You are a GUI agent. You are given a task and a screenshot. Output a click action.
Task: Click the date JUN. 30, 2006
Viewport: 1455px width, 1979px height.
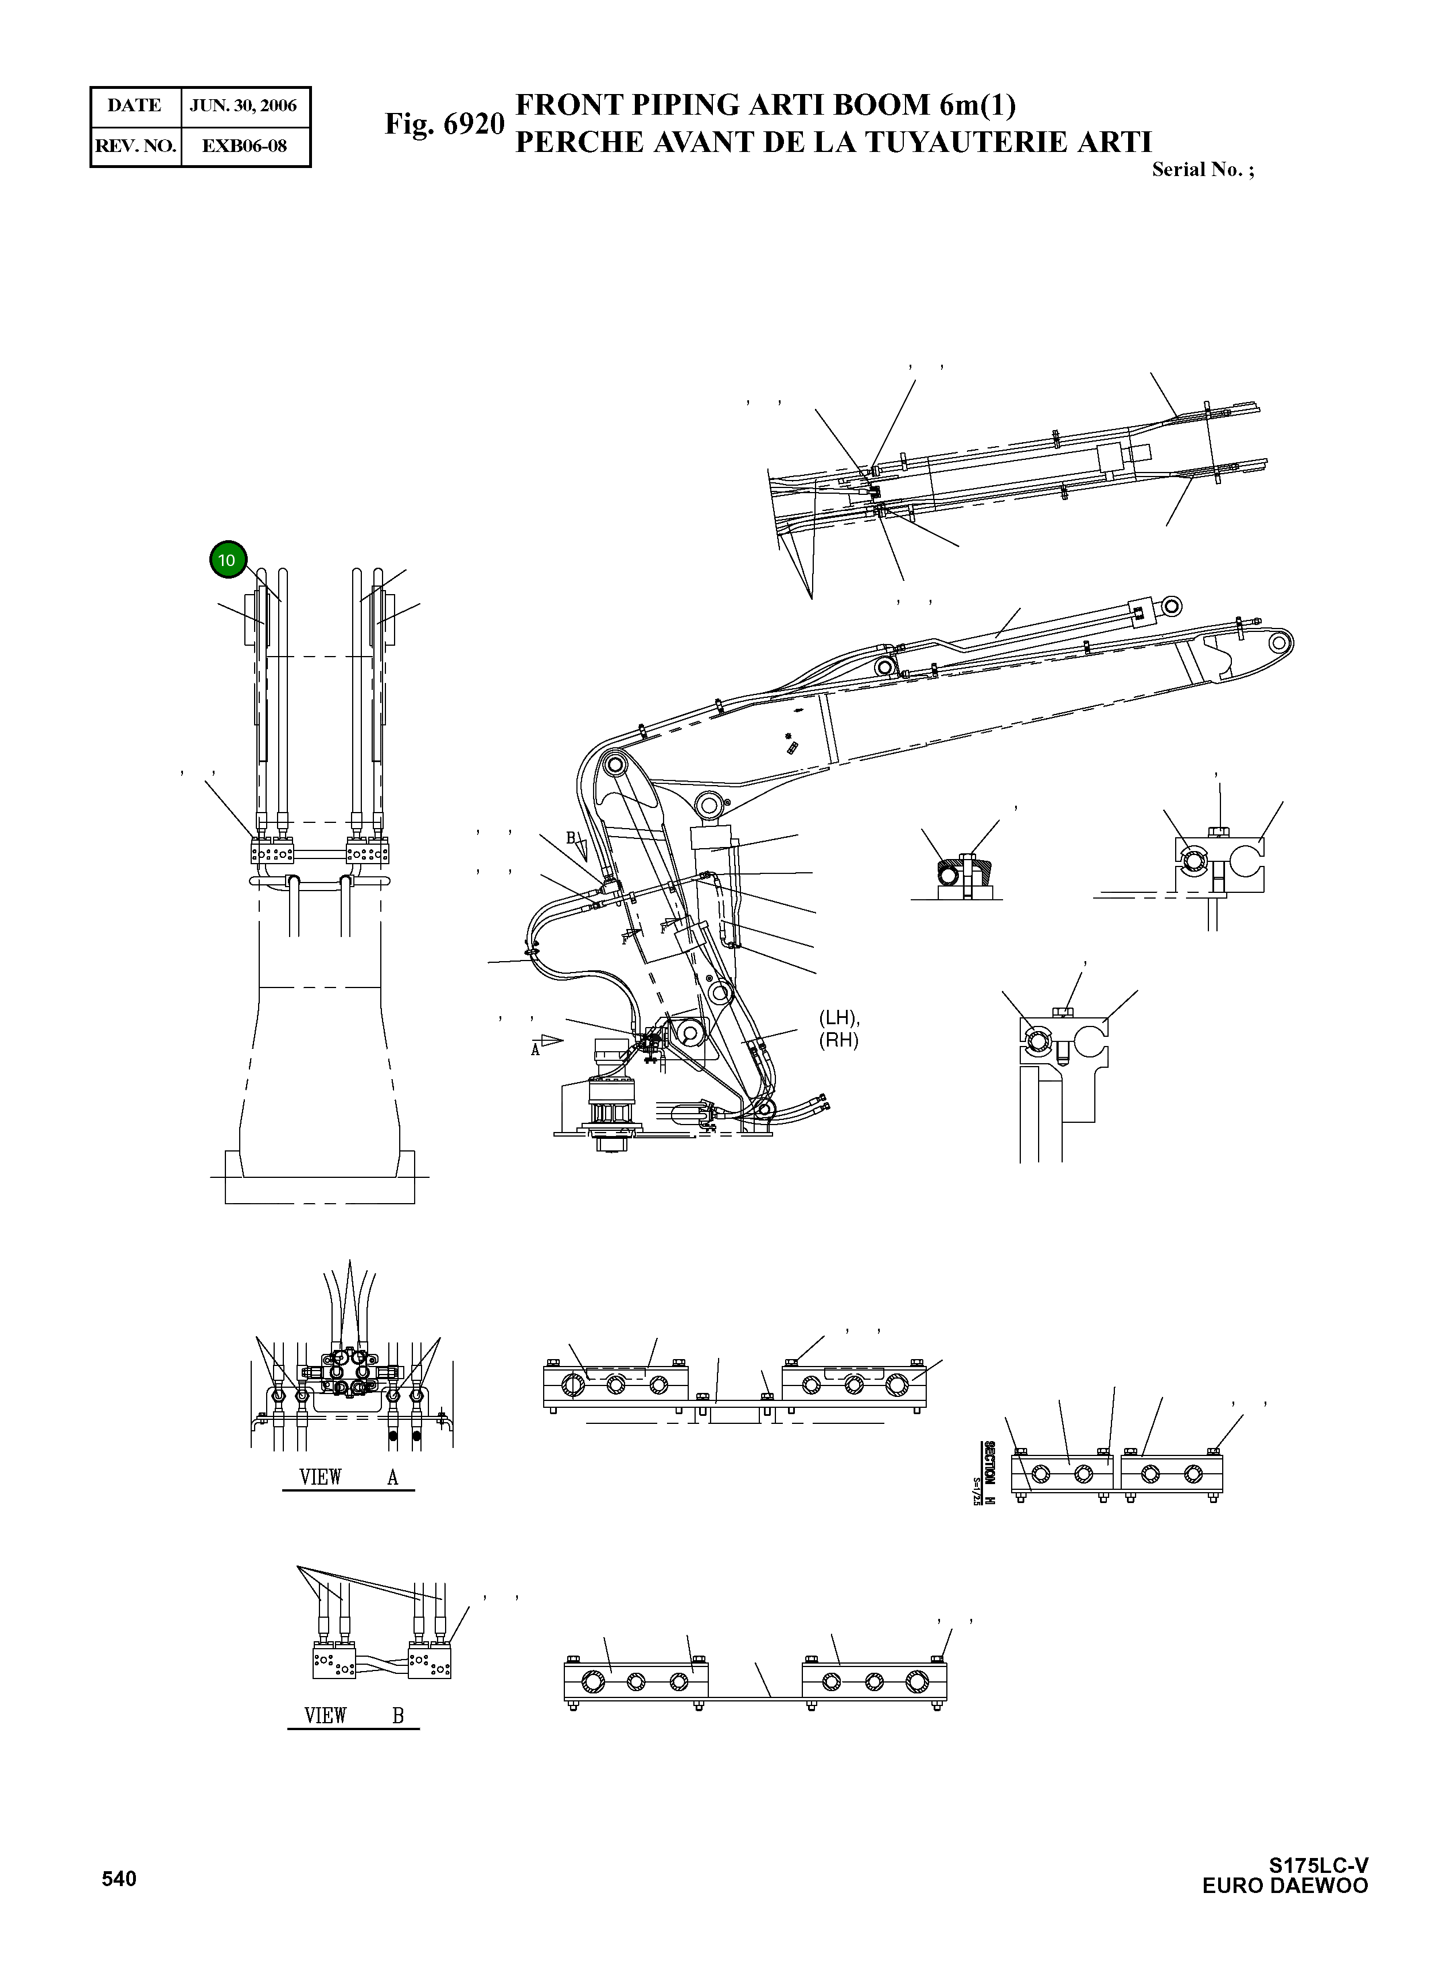[x=244, y=106]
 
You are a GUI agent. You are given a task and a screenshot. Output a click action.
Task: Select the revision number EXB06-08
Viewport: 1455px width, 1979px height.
[x=245, y=146]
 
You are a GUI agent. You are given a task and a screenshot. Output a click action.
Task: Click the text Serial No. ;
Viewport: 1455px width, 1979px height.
[x=1202, y=170]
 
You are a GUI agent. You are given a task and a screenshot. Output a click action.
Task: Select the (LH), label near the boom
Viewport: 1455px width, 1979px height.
[x=838, y=1017]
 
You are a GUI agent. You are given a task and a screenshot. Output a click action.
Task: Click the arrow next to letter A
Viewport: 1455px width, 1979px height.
[x=551, y=1040]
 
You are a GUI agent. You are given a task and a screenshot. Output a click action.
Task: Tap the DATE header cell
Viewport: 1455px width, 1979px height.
[x=135, y=106]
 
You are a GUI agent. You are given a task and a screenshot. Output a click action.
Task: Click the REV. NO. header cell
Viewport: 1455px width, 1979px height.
[x=135, y=146]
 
